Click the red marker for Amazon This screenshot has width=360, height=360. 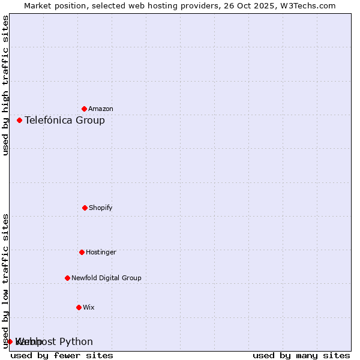click(84, 109)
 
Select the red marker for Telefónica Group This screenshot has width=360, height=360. click(19, 120)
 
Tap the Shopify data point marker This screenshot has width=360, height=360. click(85, 208)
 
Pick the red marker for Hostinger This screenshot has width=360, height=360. click(82, 252)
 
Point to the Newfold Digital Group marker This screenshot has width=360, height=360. click(67, 278)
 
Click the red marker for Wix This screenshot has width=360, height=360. click(79, 307)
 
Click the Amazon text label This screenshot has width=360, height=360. click(101, 109)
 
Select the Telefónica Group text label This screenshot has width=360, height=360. click(65, 120)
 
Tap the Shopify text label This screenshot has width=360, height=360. click(101, 208)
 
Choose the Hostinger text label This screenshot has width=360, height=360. click(101, 252)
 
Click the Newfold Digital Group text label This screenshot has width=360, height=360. click(106, 278)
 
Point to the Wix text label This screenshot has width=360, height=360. click(89, 307)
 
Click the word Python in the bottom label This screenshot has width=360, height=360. click(76, 341)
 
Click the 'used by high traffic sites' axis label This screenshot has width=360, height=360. click(6, 85)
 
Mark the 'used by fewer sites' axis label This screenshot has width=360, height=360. click(62, 355)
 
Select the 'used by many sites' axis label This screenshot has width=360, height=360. click(301, 355)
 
